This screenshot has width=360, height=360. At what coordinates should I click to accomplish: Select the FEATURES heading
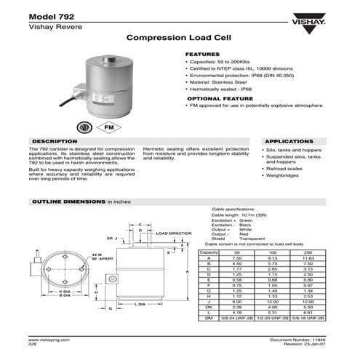tap(202, 55)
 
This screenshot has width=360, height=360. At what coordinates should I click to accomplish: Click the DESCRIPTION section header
tap(50, 141)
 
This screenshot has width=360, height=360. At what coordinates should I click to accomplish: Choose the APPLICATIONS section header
tap(289, 141)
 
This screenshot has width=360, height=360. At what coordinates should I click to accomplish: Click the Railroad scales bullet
tap(282, 167)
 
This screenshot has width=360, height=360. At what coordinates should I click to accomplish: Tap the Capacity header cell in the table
tap(209, 252)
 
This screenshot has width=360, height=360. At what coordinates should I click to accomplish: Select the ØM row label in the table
tap(209, 318)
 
